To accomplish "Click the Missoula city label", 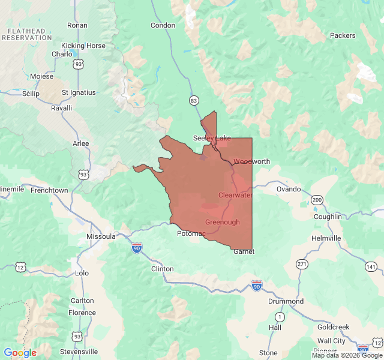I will [x=101, y=236].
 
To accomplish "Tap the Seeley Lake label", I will [x=211, y=138].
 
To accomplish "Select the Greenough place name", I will [x=222, y=222].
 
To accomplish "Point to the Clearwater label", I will [x=235, y=195].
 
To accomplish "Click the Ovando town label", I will [x=288, y=189].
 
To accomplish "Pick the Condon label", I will [x=163, y=25].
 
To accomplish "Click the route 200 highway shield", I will [x=316, y=200].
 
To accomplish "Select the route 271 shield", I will [x=302, y=264].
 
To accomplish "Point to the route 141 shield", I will [x=371, y=266].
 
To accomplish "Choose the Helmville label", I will [x=326, y=238].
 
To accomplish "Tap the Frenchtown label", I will [x=49, y=190].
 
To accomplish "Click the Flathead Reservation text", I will [x=27, y=34].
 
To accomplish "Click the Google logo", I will [x=20, y=353].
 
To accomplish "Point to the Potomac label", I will [x=191, y=233].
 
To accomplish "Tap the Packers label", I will [x=343, y=35].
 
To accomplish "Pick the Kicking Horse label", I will [x=83, y=46].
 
